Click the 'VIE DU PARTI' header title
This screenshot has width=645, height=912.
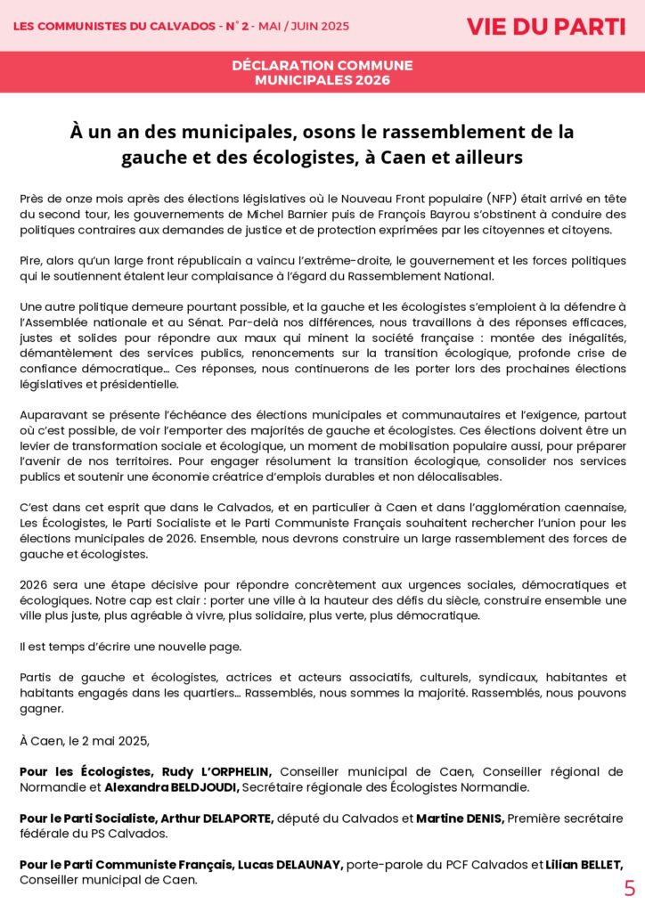click(545, 26)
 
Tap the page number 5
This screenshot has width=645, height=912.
click(629, 889)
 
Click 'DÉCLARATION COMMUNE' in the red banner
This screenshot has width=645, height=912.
click(322, 66)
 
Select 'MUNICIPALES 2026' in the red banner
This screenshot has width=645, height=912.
click(322, 80)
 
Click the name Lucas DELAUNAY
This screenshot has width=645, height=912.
click(295, 865)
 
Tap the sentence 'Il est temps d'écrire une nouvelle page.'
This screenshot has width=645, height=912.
click(130, 646)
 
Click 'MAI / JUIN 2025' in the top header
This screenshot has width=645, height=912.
click(300, 26)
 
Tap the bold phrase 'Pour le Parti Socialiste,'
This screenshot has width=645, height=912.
click(88, 818)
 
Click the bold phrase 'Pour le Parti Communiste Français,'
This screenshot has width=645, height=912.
click(120, 865)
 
